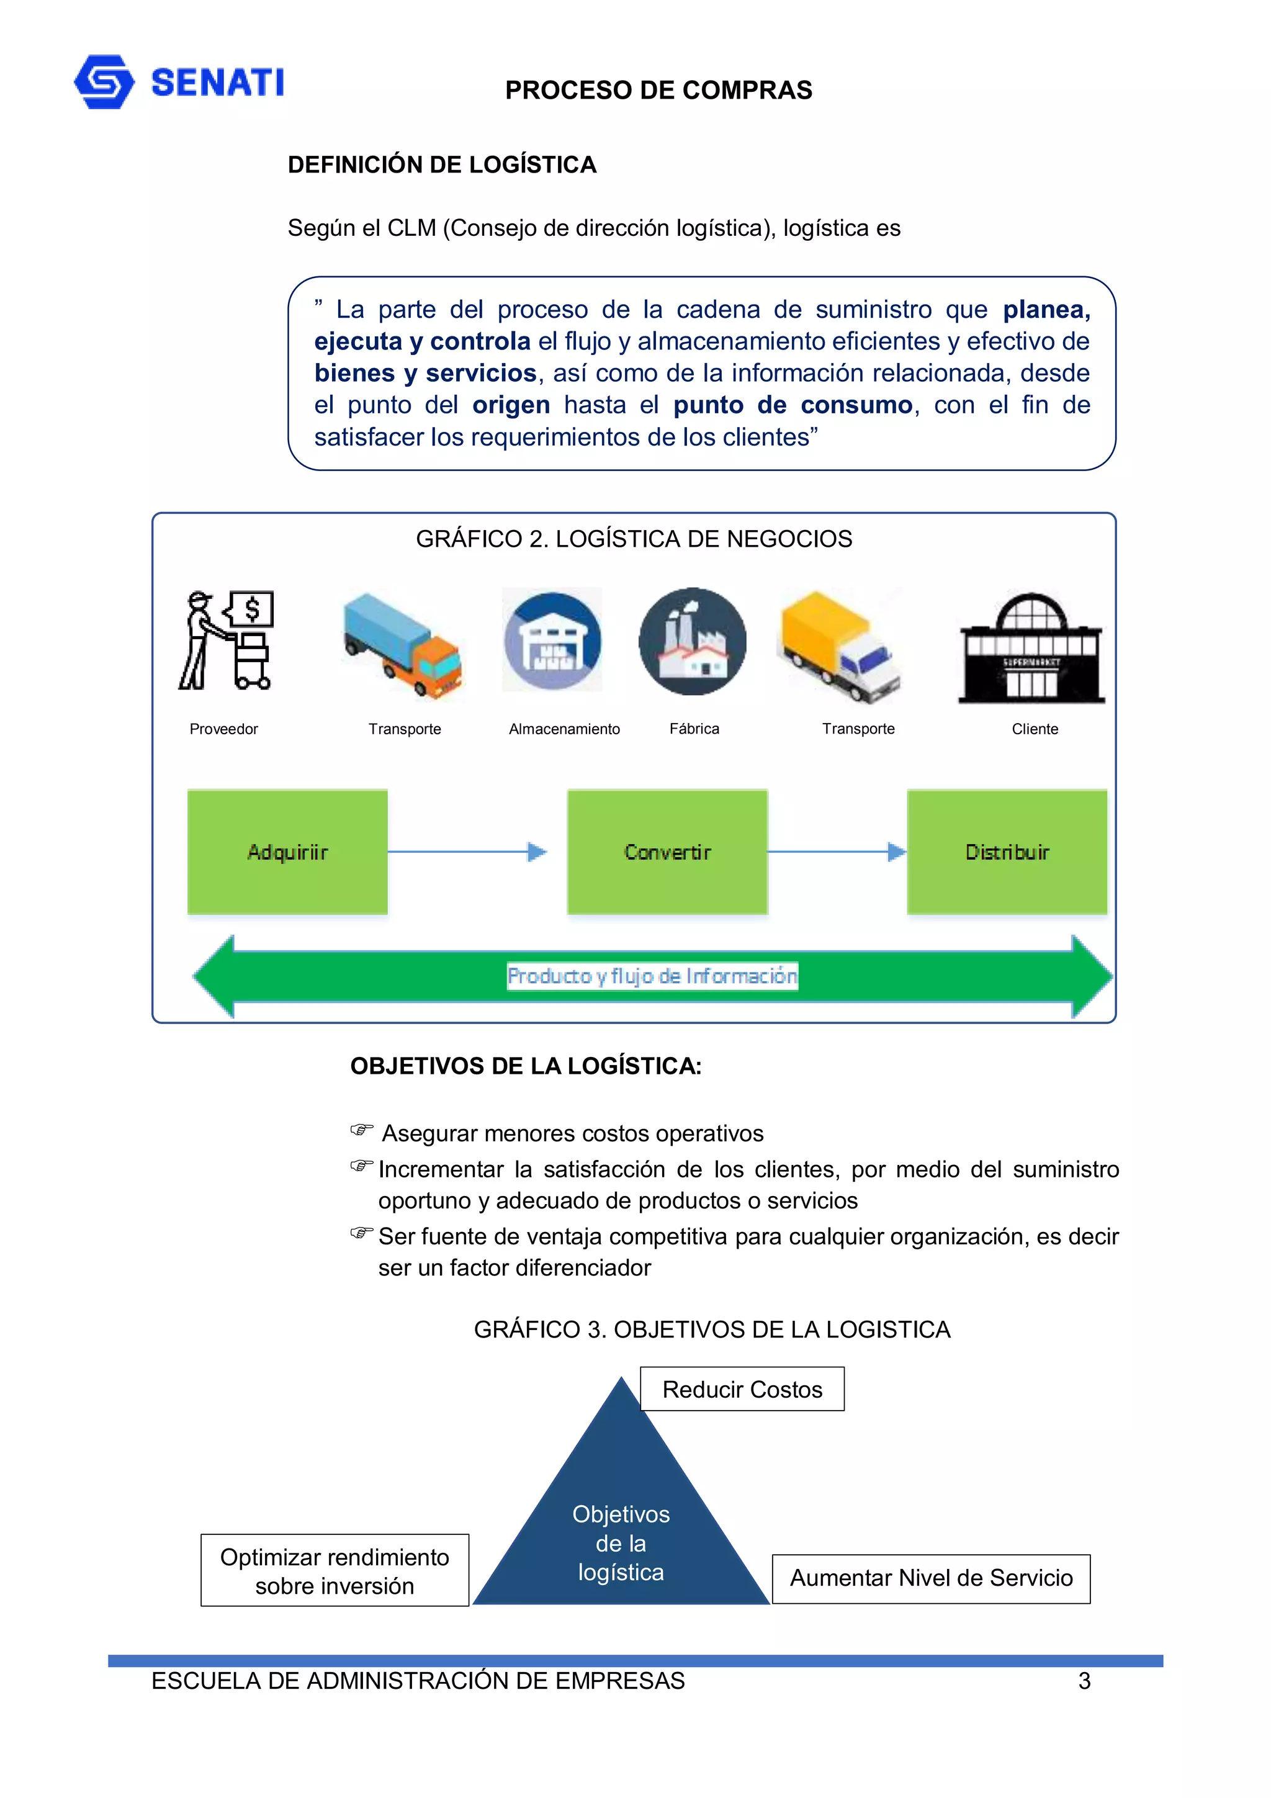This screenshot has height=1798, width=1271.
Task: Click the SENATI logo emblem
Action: [x=104, y=81]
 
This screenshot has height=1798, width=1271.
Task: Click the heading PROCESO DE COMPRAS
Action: [x=658, y=91]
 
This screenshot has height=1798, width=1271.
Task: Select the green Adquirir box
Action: [x=287, y=852]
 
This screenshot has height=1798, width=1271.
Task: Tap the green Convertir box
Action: [x=667, y=852]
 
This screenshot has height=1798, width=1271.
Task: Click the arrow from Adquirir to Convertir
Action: [x=467, y=852]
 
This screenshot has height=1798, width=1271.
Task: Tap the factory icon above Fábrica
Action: [x=692, y=641]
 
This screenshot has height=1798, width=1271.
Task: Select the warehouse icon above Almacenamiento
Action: [x=553, y=641]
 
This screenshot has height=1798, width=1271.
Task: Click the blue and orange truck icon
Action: [x=403, y=644]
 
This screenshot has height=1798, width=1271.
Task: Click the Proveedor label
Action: [x=223, y=729]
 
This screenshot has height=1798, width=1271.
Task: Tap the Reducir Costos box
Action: [x=742, y=1389]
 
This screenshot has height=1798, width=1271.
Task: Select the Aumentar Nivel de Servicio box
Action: [x=930, y=1578]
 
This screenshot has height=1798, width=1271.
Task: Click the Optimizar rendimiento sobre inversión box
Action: [x=335, y=1570]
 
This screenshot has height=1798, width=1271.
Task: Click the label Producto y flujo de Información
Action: [x=652, y=976]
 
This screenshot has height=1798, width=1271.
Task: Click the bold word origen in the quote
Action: [x=511, y=405]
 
